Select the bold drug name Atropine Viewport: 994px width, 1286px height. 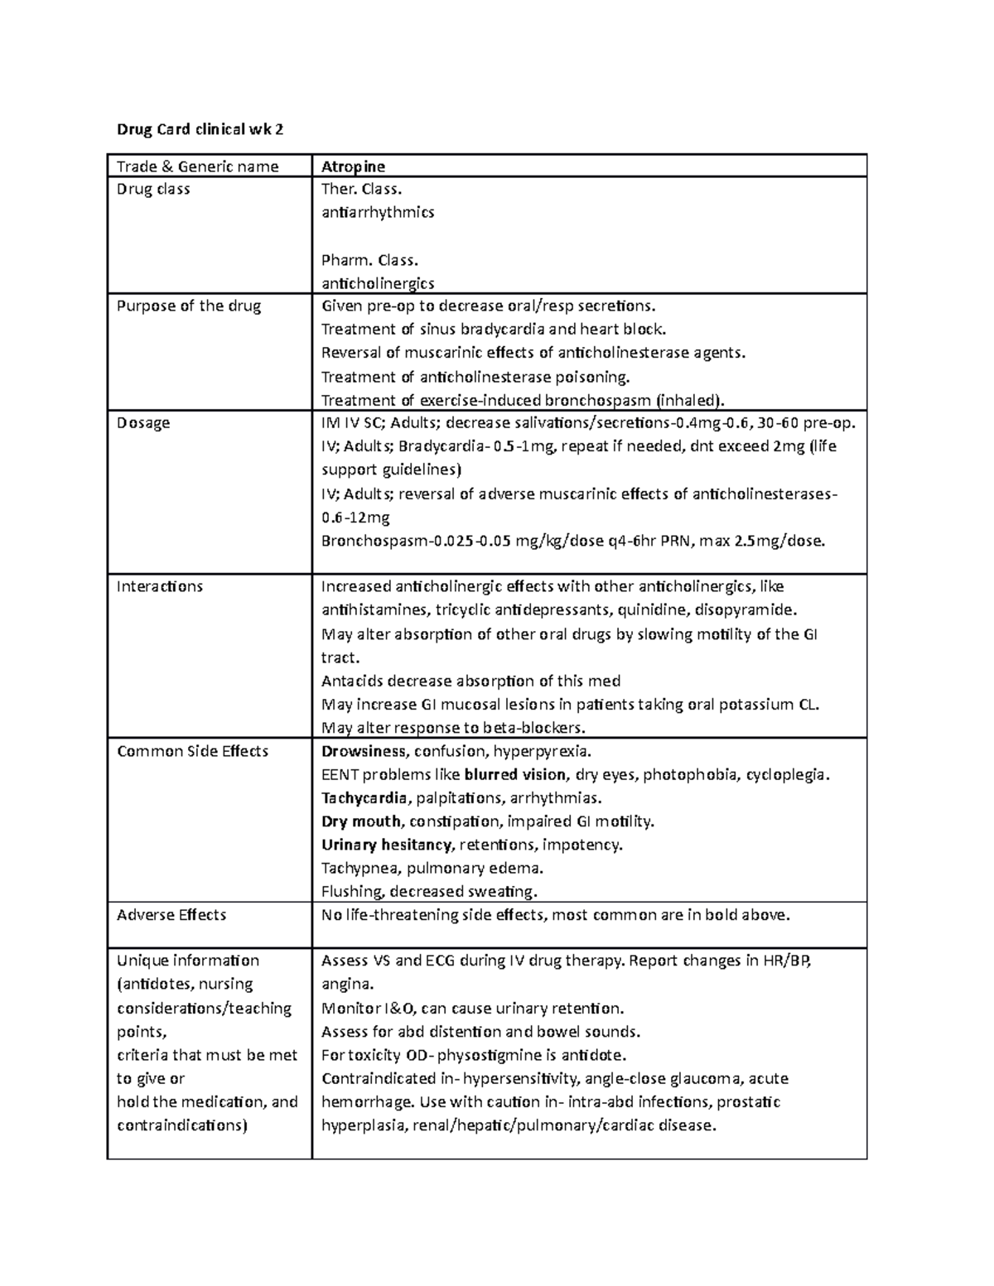point(353,166)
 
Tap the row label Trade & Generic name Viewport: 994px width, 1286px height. point(197,166)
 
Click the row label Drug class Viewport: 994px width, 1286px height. point(153,190)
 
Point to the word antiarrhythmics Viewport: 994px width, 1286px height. point(377,213)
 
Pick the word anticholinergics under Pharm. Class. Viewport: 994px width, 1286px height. point(377,283)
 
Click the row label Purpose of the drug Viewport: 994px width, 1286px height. point(189,306)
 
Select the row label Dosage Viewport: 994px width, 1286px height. point(143,423)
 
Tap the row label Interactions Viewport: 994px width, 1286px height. point(159,587)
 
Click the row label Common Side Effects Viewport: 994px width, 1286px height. point(192,752)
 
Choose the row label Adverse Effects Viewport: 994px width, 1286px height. point(171,915)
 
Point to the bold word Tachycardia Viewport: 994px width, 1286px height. point(364,799)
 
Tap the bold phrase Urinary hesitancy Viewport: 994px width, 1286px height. point(386,845)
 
